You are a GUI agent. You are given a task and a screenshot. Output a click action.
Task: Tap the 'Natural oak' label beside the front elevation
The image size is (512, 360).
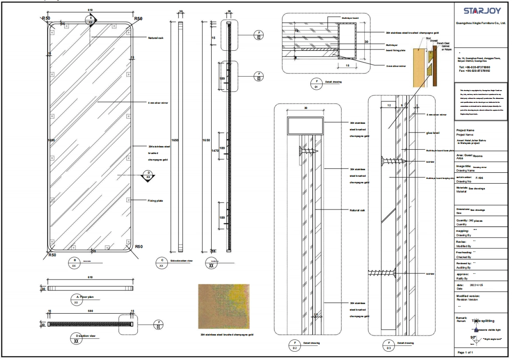point(156,38)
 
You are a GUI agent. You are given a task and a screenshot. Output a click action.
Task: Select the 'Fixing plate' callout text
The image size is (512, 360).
point(156,200)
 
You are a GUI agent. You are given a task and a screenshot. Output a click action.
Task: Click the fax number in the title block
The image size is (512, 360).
point(474,70)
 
